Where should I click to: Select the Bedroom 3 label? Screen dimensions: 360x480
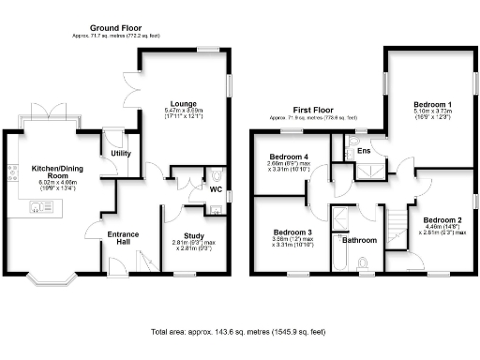pos(292,232)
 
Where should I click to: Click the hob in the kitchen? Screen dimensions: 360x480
pos(13,172)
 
